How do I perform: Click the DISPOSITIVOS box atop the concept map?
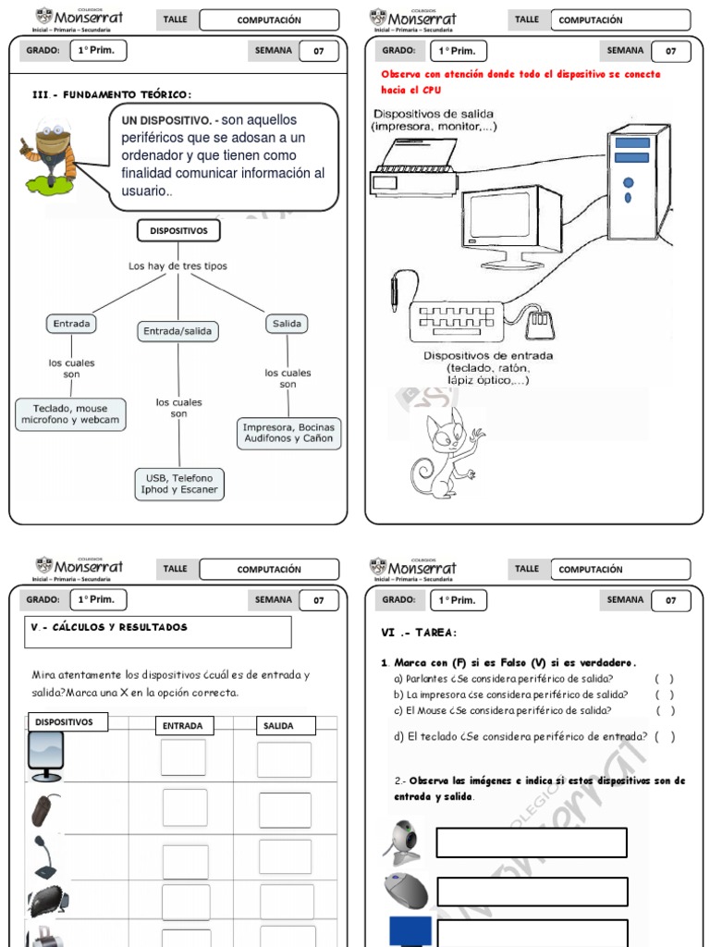coord(178,230)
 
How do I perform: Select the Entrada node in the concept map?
coord(71,324)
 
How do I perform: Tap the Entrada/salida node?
coord(177,330)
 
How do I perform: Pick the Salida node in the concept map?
coord(288,324)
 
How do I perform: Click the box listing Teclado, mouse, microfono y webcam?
coord(70,413)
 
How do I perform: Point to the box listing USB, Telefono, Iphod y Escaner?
coord(179,484)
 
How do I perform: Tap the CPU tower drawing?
coord(637,181)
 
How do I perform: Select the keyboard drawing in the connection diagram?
coord(459,320)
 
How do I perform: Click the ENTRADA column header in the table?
coord(182,726)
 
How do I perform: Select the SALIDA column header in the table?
coord(278,726)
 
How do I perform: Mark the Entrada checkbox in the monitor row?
coord(183,757)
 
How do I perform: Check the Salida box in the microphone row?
coord(285,857)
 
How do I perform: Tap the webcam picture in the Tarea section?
coord(403,841)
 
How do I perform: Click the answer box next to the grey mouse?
coord(532,892)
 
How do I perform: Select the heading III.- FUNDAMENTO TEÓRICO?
coord(112,93)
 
